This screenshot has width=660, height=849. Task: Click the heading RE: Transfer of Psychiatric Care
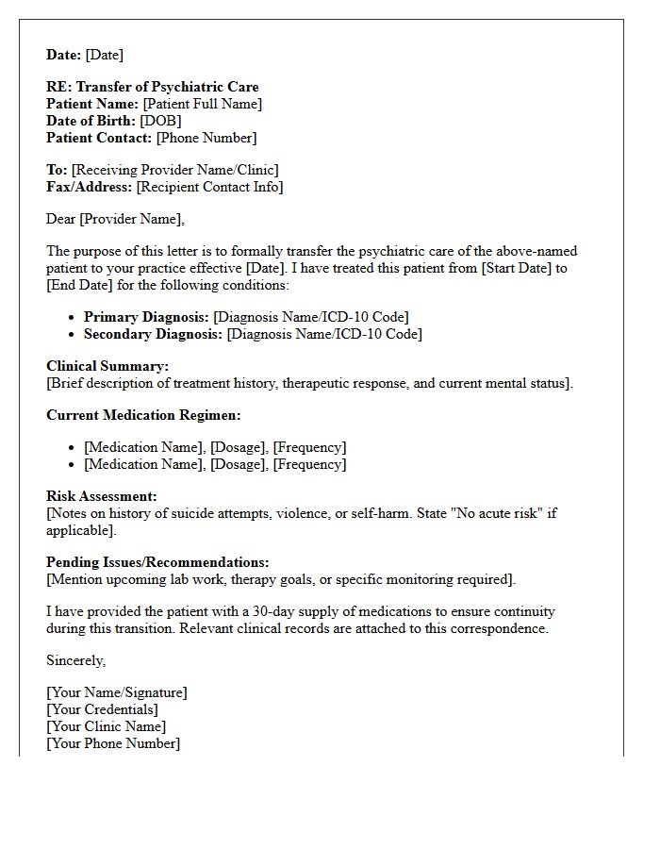(x=152, y=87)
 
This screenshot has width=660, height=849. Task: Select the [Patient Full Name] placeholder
(x=202, y=104)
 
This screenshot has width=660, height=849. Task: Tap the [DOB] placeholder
(x=160, y=121)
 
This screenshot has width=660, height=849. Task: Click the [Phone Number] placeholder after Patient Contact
(x=206, y=138)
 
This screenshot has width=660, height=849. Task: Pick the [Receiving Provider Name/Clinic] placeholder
(x=175, y=170)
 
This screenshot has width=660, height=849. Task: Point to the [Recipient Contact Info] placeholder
(x=209, y=187)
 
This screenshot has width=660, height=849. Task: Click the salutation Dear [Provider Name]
(x=115, y=219)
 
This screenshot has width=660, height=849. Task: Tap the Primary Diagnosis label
(x=146, y=317)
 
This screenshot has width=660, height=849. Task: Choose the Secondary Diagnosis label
(x=154, y=334)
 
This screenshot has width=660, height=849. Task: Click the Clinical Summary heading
(x=107, y=366)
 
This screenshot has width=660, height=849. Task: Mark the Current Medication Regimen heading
(x=143, y=415)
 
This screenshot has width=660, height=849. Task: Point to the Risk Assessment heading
(x=102, y=496)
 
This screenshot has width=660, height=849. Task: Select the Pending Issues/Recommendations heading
(x=157, y=562)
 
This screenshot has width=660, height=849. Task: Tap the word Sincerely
(x=75, y=660)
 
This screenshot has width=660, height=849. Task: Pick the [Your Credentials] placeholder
(x=102, y=709)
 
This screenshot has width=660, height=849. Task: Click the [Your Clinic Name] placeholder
(x=106, y=726)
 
